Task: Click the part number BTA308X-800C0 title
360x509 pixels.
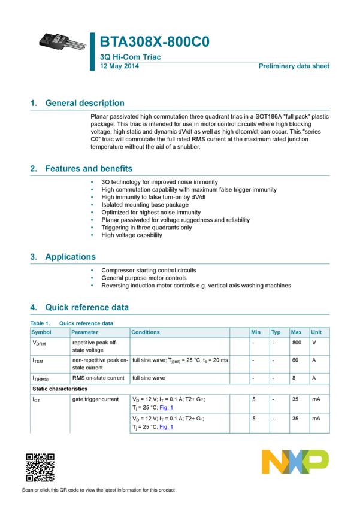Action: pos(155,42)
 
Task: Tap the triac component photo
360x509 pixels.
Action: pos(63,42)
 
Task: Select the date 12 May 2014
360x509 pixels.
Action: pos(119,66)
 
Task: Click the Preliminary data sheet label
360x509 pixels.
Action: pos(294,66)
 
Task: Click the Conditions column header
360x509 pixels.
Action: pos(146,332)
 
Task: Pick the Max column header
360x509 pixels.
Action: pos(296,332)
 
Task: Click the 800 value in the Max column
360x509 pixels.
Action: pos(297,343)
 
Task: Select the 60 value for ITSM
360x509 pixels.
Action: pos(295,360)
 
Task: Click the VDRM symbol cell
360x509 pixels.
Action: pos(39,343)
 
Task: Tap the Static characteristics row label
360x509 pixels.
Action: pos(60,389)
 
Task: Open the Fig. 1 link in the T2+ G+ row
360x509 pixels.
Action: pos(166,408)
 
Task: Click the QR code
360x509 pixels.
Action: pos(40,468)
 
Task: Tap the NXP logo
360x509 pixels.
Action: pos(295,462)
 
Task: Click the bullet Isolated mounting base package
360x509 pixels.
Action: pos(145,205)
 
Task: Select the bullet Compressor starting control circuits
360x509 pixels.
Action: pos(149,271)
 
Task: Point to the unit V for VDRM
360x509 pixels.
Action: pos(314,343)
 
